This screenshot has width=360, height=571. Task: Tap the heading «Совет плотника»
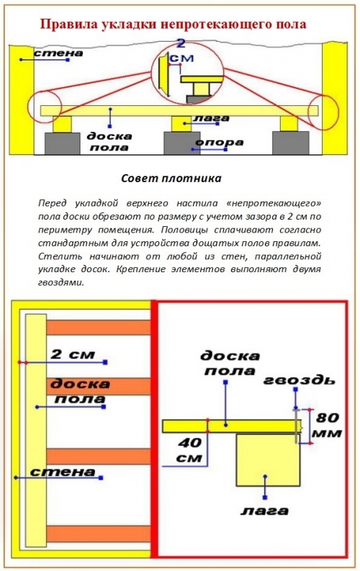tap(171, 179)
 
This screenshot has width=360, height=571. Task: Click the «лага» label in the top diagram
tap(211, 118)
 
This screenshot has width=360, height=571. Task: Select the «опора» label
tap(220, 142)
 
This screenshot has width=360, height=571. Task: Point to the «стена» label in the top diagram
tap(58, 53)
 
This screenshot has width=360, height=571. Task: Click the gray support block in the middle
tap(181, 143)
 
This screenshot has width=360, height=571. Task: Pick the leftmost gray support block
tap(62, 143)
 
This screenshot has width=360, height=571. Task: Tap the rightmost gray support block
tap(290, 143)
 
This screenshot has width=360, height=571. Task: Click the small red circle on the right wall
tap(323, 112)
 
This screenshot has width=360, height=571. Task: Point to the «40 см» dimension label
tap(189, 450)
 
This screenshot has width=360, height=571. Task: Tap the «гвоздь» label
tap(299, 379)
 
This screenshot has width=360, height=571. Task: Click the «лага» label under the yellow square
tap(264, 511)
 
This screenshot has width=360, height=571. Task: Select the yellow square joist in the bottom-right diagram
tap(269, 459)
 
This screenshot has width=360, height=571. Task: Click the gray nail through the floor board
tap(297, 426)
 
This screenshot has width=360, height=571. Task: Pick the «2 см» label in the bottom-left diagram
tap(73, 354)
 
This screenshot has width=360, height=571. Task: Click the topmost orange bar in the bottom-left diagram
tap(99, 328)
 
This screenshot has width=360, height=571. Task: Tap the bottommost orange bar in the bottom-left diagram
tap(99, 534)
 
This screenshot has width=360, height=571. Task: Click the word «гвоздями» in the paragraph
tap(61, 282)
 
